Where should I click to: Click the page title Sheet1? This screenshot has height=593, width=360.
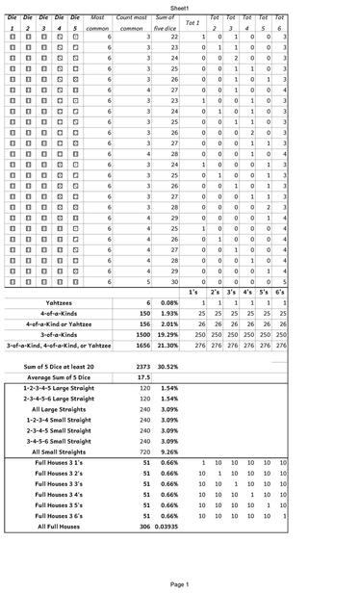tap(180, 6)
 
